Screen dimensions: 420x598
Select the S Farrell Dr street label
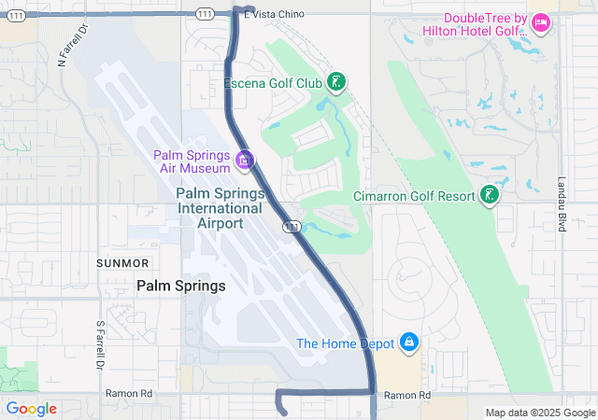pos(100,343)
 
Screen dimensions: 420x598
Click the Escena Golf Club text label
pos(273,83)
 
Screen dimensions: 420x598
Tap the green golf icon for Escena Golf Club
pos(336,83)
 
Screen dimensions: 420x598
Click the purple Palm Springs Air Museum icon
pos(245,161)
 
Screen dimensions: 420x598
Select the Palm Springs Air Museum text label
pos(194,161)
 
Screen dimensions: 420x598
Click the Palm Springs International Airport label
pos(221,207)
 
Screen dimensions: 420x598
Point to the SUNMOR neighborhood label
pos(122,264)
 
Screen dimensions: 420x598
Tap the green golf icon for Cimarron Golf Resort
pos(488,195)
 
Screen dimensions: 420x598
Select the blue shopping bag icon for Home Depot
pos(408,343)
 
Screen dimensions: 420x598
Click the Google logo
pos(31,409)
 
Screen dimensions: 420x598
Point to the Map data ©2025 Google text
pos(539,413)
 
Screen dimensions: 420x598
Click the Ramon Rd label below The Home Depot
pos(408,396)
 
